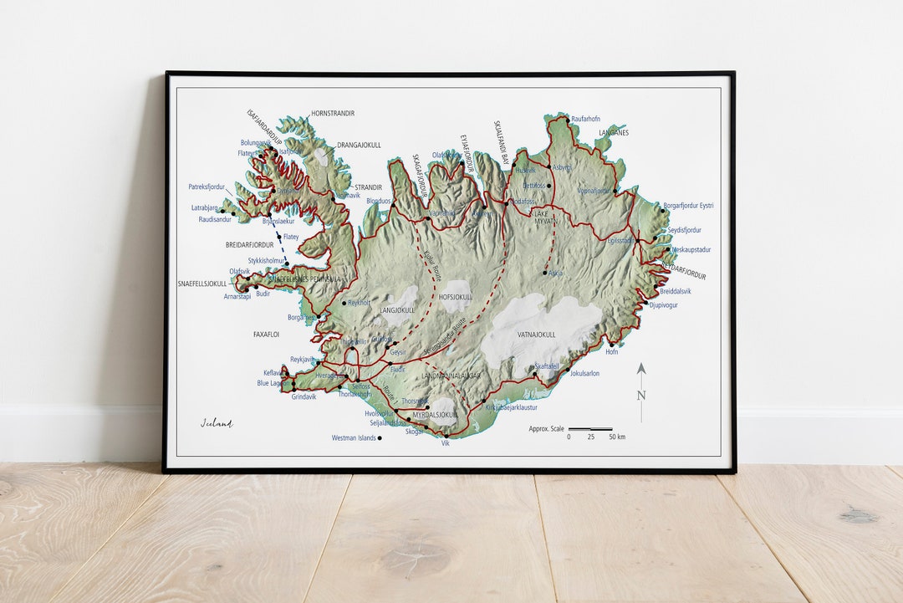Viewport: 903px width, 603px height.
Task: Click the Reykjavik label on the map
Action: pos(302,359)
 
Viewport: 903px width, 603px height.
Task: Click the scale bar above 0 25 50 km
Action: pos(590,429)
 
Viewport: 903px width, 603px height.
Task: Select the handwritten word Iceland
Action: pos(217,423)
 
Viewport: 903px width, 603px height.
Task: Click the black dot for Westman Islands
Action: pos(380,437)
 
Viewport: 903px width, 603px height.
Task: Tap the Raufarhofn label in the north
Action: pos(586,119)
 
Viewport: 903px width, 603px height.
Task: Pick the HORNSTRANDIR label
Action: pos(333,113)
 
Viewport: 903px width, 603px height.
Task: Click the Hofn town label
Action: pos(612,352)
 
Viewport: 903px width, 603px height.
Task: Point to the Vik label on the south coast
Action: pos(446,443)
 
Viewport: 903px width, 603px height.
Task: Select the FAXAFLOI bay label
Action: pos(266,335)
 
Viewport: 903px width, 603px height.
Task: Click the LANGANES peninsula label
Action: pos(614,133)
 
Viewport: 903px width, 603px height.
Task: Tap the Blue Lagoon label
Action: pos(273,383)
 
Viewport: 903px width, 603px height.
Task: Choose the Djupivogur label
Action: pos(663,305)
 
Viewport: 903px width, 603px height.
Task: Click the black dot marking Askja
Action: pos(545,273)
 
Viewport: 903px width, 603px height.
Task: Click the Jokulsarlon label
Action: pos(584,373)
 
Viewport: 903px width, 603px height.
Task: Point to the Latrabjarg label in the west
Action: pos(205,207)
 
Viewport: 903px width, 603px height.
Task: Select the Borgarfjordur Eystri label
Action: pos(688,206)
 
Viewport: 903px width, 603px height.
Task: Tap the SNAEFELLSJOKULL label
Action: pos(202,284)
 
